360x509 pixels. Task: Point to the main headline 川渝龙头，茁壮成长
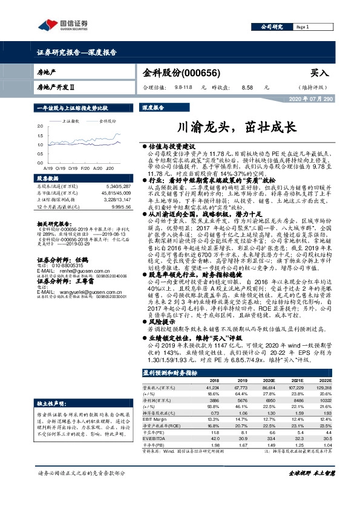235,128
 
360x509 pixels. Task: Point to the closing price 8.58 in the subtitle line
246,87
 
